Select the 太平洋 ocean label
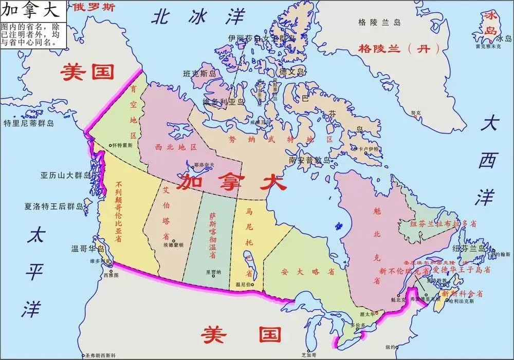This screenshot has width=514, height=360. [35, 272]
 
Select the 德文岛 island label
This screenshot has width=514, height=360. [291, 72]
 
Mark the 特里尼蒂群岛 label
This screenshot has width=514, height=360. [29, 123]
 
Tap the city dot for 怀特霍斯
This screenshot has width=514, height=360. [109, 145]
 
